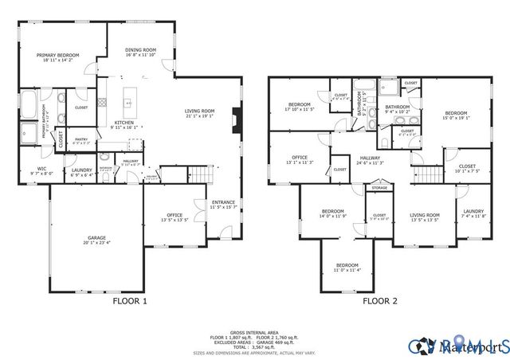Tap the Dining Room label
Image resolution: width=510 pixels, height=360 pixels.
[x=140, y=53]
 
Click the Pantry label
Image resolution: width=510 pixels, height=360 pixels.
[x=81, y=139]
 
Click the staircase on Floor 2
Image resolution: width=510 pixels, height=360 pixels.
[x=430, y=174]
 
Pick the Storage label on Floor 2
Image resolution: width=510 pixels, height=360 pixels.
[x=378, y=189]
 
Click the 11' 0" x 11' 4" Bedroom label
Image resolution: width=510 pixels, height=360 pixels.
[x=347, y=267]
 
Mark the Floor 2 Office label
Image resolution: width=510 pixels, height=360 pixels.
[x=300, y=159]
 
